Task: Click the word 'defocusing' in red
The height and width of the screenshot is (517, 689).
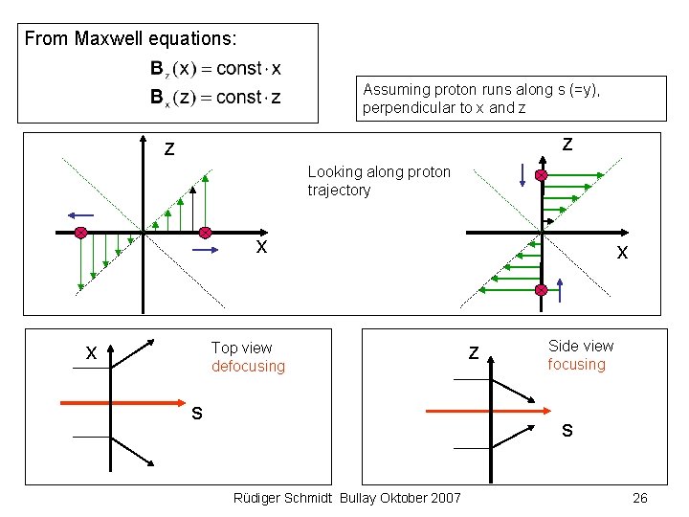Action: click(x=248, y=367)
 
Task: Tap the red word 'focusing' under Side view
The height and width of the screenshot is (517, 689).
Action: click(x=576, y=365)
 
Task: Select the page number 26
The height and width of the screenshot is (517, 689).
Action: click(x=640, y=498)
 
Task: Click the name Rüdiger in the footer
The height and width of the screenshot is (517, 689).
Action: click(x=259, y=498)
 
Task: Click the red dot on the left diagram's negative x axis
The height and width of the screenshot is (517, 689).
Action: click(x=81, y=233)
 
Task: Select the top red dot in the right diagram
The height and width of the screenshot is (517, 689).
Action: click(x=542, y=176)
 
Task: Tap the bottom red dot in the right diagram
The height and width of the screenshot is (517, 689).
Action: click(x=542, y=289)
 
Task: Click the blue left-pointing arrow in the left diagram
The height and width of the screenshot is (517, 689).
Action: click(x=80, y=214)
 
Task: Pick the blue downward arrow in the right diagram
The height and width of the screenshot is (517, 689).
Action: click(x=521, y=175)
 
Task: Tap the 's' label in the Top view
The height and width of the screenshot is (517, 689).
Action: click(x=196, y=414)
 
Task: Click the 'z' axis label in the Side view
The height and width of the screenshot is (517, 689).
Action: click(x=473, y=352)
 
